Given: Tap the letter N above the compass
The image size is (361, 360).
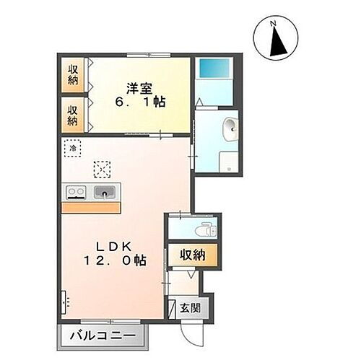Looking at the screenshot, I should (274, 22).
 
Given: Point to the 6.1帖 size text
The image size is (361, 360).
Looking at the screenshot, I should (141, 102).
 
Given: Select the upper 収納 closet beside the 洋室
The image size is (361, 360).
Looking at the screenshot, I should (73, 74).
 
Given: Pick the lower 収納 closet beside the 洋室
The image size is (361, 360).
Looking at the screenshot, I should (73, 114).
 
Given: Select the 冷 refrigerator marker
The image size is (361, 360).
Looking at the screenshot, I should (73, 149).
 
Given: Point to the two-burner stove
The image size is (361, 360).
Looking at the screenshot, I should (77, 192).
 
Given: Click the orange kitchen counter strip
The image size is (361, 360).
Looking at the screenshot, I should (90, 207).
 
